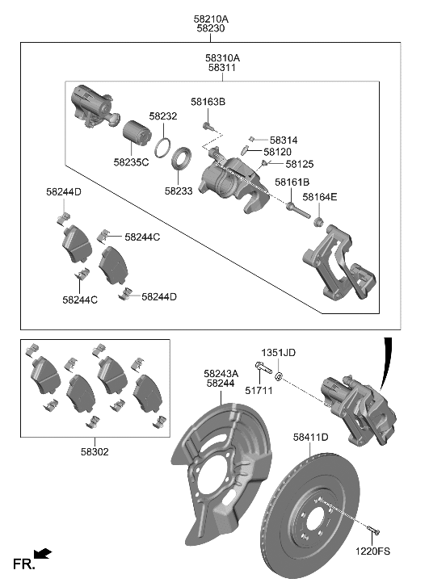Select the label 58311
click(223, 69)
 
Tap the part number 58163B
click(208, 102)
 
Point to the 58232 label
click(162, 116)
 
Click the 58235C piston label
click(131, 161)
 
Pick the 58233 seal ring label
click(180, 191)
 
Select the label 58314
click(284, 140)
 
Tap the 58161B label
click(292, 182)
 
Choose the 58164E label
click(320, 197)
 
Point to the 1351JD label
click(278, 353)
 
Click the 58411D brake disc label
click(310, 438)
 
